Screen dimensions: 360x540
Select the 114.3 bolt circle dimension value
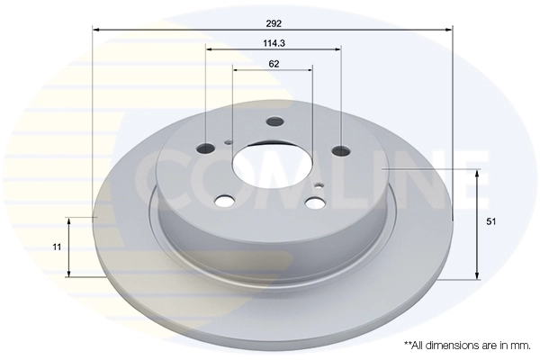(x=274, y=42)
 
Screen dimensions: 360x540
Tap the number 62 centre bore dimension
(x=274, y=63)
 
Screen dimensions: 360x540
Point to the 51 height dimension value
(x=490, y=220)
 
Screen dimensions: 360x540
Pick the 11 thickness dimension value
(x=57, y=246)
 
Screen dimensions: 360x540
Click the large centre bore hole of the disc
(x=272, y=165)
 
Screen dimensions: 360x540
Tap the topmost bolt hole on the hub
(x=275, y=123)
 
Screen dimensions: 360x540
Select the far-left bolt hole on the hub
(x=206, y=147)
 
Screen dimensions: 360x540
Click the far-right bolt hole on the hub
(x=340, y=150)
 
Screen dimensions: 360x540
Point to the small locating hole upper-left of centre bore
(x=229, y=141)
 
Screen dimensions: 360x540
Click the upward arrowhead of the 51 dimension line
(x=477, y=172)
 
